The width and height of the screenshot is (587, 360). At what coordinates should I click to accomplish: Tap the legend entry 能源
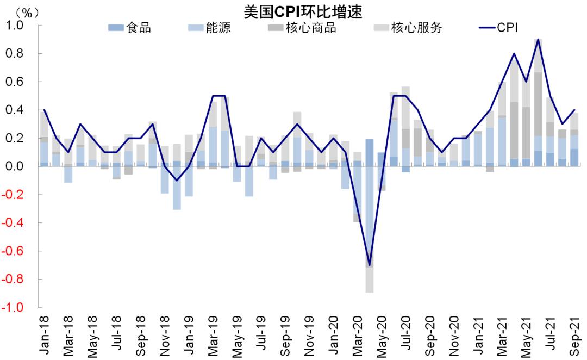209,27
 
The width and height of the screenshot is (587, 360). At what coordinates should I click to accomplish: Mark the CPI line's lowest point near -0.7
370,265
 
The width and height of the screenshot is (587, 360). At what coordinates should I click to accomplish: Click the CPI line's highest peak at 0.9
538,40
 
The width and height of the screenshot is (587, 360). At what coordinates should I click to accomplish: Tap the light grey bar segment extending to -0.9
370,280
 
